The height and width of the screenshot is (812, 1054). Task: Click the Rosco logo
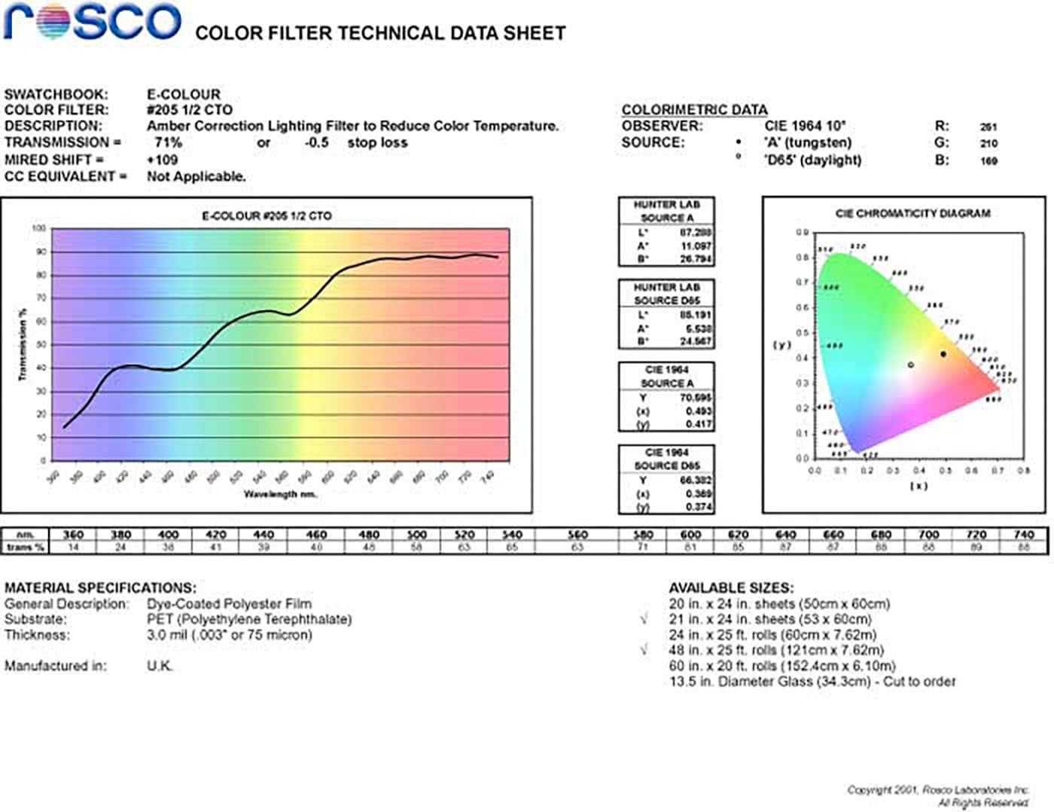coord(92,22)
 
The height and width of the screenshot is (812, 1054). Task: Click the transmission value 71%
coord(168,142)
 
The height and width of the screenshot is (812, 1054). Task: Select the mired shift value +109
coord(162,160)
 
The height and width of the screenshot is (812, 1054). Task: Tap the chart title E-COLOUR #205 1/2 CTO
coord(267,215)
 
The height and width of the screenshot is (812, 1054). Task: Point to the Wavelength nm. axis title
coord(280,494)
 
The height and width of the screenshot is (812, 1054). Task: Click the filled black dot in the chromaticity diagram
coord(943,354)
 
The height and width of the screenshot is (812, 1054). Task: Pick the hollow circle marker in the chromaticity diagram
coord(911,365)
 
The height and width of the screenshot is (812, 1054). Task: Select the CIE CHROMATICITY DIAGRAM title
coord(912,213)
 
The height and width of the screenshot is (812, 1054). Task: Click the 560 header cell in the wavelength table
coord(577,534)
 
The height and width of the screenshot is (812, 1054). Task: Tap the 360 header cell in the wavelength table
coord(73,534)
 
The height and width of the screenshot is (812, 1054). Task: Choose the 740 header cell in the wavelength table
coord(1023,534)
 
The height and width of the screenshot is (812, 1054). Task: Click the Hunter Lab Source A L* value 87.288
coord(695,233)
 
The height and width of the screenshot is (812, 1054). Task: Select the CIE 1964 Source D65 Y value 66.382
coord(695,480)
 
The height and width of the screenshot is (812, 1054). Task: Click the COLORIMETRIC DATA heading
coord(694,110)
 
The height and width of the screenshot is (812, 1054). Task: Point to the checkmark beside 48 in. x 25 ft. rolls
coord(644,649)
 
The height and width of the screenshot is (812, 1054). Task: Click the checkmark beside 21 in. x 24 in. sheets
coord(644,619)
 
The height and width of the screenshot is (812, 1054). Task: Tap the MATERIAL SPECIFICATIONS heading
coord(100,588)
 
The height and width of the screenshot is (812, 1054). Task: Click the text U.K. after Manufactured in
coord(160,666)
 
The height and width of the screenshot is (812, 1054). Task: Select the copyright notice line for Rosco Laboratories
coord(937,789)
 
